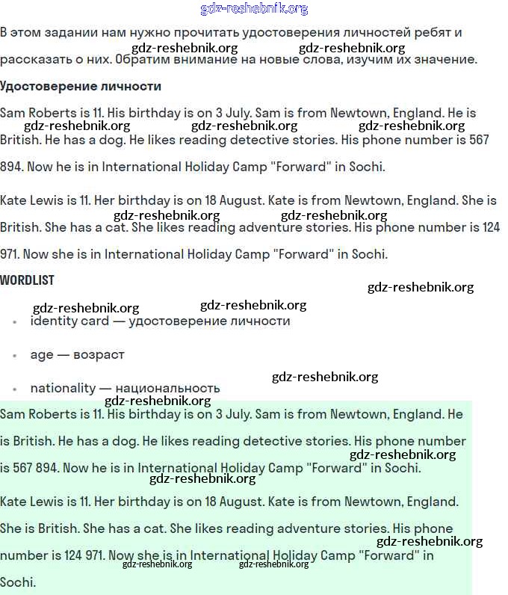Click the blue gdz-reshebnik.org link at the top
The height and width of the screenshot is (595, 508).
(254, 9)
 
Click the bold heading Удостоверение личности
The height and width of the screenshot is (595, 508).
(81, 86)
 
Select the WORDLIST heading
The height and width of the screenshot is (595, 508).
(28, 280)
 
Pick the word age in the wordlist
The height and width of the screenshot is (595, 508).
(42, 355)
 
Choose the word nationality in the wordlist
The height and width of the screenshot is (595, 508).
(63, 388)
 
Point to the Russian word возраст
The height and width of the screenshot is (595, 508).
(99, 354)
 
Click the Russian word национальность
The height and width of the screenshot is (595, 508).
(167, 388)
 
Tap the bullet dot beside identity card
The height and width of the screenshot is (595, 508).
(14, 322)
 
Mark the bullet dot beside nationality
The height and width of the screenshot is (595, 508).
(14, 389)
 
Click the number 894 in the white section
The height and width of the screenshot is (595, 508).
(11, 167)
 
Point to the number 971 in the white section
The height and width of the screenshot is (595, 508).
(13, 254)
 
